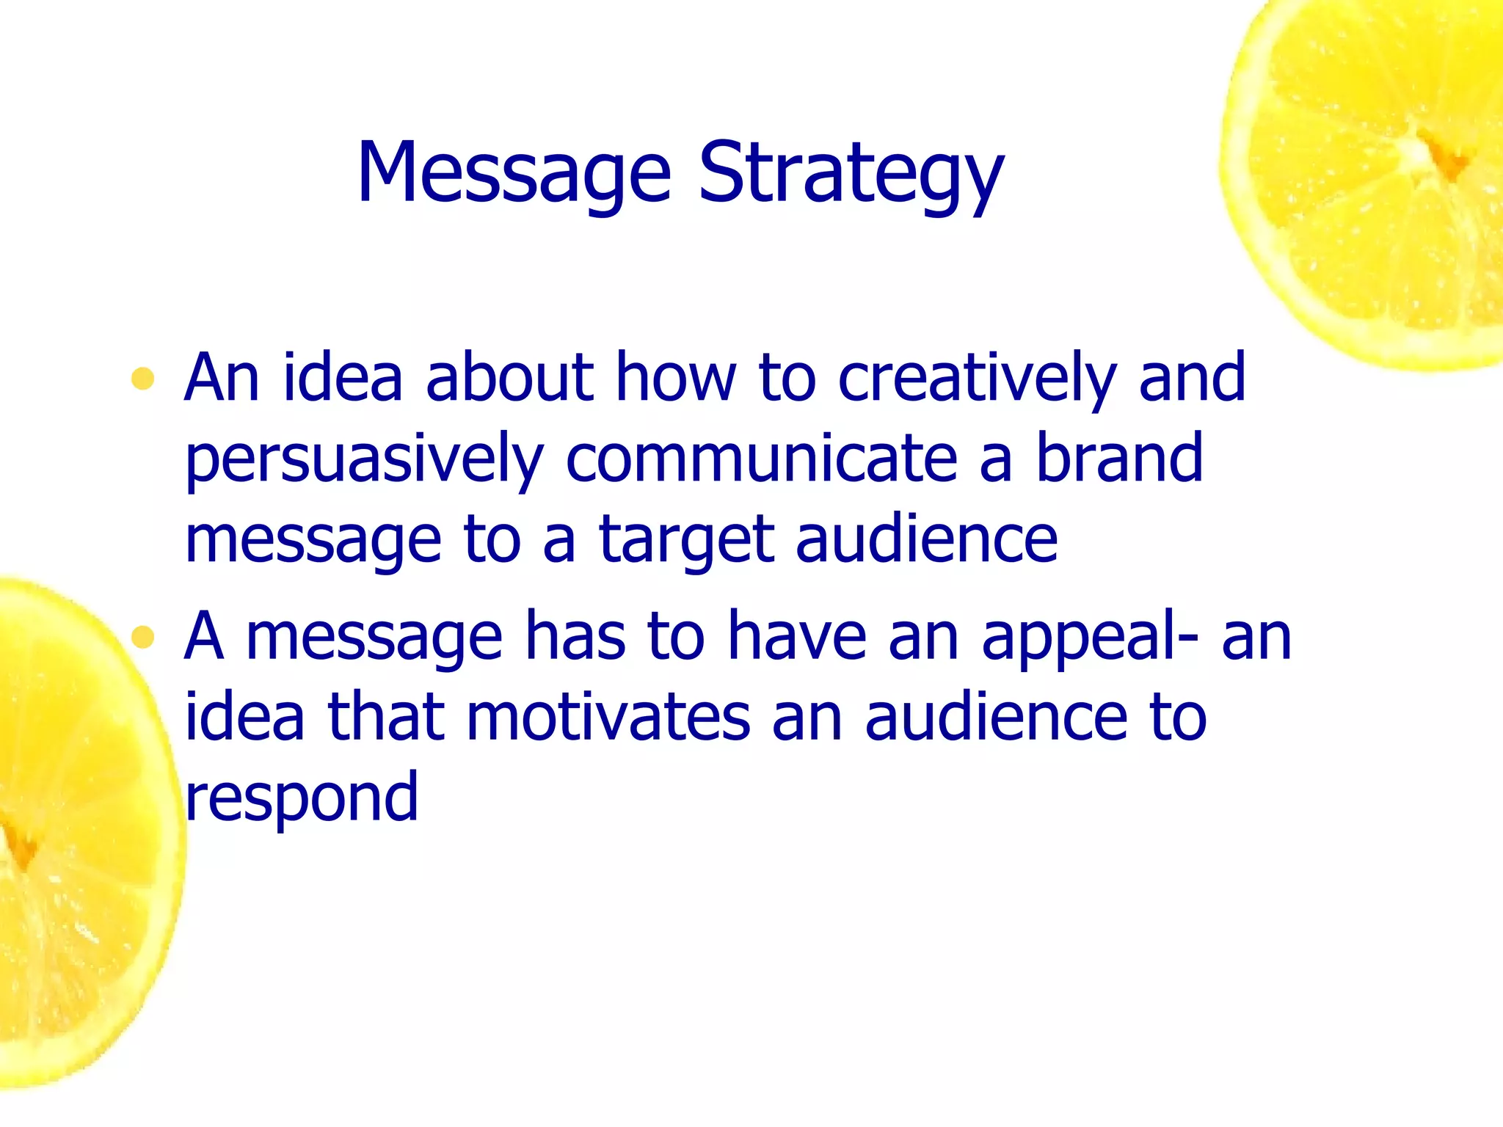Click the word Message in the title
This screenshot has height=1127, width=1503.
[514, 174]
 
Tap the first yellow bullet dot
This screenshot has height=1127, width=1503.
[142, 379]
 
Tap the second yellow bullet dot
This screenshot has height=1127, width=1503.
[142, 638]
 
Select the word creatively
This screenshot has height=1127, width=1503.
[977, 379]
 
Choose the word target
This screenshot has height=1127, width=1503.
[686, 541]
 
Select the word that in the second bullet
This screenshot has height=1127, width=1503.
[386, 718]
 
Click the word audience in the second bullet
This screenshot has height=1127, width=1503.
[995, 718]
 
